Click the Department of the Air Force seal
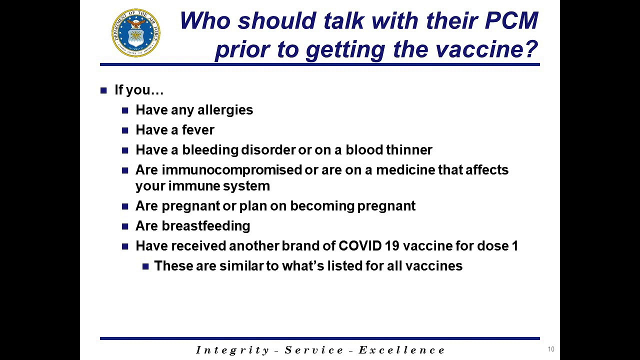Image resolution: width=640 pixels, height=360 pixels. [x=136, y=33]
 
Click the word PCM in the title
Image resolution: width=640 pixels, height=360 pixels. [x=511, y=20]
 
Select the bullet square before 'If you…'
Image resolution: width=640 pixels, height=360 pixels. [x=103, y=90]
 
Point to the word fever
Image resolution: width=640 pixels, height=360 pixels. [x=198, y=130]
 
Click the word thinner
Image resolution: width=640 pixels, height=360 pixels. [x=409, y=150]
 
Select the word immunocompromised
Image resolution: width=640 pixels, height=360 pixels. [x=231, y=170]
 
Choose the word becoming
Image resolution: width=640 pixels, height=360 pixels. [x=322, y=206]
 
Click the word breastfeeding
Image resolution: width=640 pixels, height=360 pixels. [x=206, y=226]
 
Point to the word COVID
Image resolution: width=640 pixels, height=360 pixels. [x=360, y=246]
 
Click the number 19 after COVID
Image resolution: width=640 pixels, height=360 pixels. [x=392, y=246]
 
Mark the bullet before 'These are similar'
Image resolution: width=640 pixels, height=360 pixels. [x=145, y=266]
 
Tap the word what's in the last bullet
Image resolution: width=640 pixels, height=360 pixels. [x=303, y=266]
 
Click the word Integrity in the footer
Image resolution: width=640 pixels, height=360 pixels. [x=232, y=350]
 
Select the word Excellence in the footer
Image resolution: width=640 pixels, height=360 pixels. [x=401, y=350]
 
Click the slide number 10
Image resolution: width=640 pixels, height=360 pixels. [x=551, y=349]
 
